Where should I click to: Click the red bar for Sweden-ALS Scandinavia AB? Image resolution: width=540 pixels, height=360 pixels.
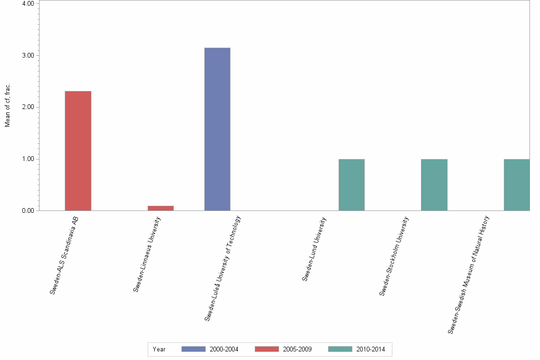tap(78, 150)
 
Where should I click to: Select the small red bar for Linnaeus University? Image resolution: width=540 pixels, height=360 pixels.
tap(160, 208)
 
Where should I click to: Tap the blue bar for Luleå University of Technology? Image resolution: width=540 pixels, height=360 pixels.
tap(217, 129)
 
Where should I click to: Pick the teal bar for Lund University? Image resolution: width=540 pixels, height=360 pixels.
tap(351, 185)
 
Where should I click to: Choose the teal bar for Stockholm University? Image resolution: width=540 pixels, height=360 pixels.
tap(434, 185)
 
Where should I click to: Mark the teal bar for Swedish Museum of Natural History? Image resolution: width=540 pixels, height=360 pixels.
tap(517, 185)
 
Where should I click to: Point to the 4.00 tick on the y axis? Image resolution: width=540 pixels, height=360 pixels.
tap(28, 4)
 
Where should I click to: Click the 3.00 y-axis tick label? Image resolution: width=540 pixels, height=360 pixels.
tap(28, 55)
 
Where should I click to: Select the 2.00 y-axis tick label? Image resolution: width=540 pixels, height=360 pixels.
tap(28, 107)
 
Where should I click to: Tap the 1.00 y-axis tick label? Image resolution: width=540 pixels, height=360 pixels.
tap(28, 159)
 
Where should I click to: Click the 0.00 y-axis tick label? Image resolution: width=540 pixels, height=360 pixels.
tap(28, 210)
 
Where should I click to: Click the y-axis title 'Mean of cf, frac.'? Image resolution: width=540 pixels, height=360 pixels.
tap(7, 106)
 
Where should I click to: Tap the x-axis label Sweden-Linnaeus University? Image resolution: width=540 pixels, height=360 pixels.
tap(147, 254)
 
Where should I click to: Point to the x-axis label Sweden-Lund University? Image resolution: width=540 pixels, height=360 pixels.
tap(314, 249)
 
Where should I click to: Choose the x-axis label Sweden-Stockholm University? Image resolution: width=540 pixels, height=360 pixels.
tap(394, 256)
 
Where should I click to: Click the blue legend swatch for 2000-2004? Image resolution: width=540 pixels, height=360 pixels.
tap(193, 349)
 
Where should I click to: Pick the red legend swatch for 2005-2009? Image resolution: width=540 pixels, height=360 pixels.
tap(267, 349)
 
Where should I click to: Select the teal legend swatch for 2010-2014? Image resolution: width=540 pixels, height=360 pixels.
tap(340, 349)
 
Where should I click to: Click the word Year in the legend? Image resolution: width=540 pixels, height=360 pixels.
tap(159, 350)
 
